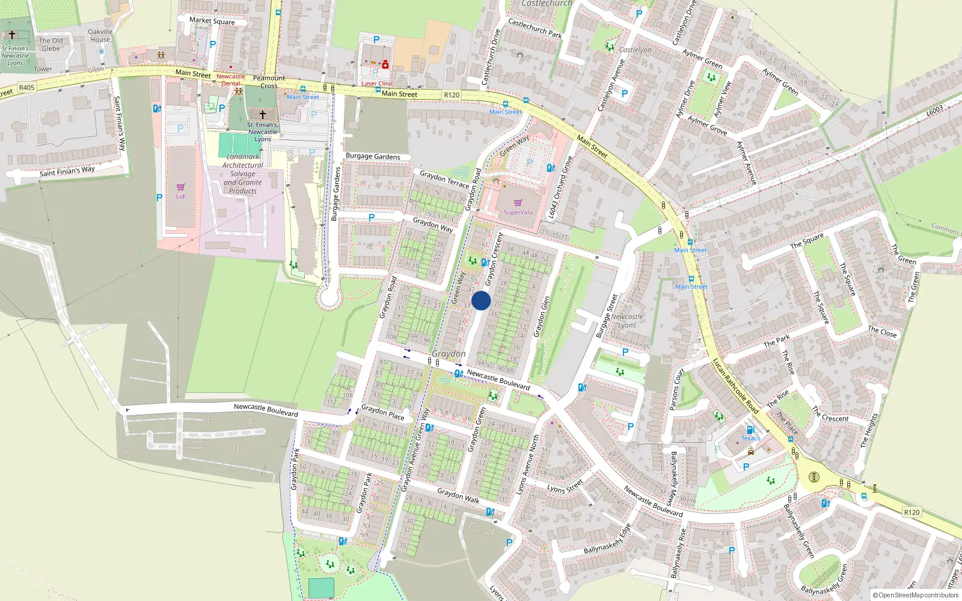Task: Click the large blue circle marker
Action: (481, 300)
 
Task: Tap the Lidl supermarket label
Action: (180, 197)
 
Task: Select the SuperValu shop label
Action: (518, 212)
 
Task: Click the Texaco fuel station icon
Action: (750, 430)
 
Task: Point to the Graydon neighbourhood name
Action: (449, 354)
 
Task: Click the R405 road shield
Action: (27, 88)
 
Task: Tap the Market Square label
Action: (212, 21)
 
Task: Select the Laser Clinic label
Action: (377, 84)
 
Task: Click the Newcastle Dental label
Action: (231, 80)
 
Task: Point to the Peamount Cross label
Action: (269, 82)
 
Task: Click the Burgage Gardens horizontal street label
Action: (373, 156)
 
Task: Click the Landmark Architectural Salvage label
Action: (243, 174)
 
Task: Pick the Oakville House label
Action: (100, 35)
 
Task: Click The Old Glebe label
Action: (51, 44)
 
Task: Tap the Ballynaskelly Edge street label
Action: (607, 539)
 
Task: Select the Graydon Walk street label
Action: (458, 495)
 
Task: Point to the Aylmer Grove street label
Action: (707, 126)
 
